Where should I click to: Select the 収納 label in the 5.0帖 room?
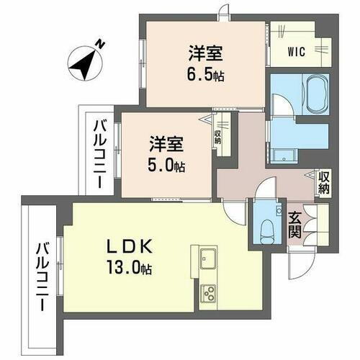tap(217, 136)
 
